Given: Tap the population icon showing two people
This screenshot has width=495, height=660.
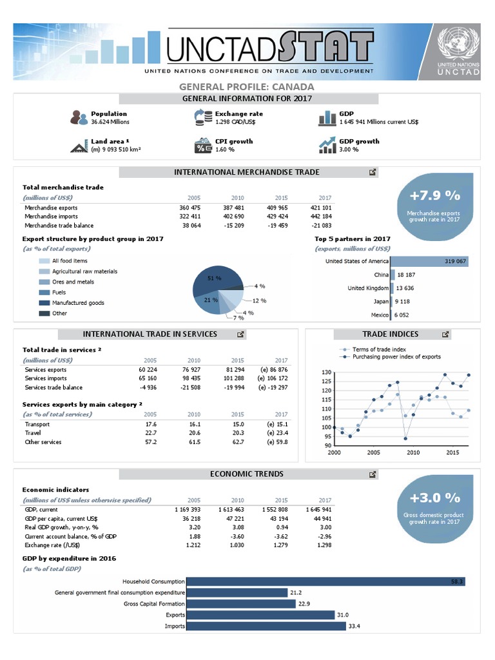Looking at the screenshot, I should [79, 117].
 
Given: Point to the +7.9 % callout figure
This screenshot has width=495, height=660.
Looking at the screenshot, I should [434, 195].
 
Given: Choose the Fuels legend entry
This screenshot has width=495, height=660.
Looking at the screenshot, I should [63, 292].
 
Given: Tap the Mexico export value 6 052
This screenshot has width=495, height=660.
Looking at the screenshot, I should [402, 315].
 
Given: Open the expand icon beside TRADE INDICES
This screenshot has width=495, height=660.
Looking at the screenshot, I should [445, 335].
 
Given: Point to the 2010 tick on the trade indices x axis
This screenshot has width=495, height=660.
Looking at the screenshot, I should [413, 453].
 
